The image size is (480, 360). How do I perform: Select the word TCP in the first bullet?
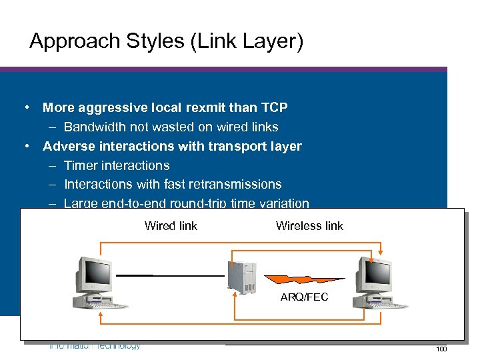(x=275, y=107)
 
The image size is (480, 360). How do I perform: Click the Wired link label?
(x=171, y=226)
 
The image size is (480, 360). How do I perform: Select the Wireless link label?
(x=309, y=226)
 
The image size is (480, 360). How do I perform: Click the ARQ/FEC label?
(x=304, y=297)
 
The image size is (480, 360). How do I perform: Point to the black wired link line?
(x=170, y=275)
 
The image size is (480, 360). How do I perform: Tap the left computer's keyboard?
(x=107, y=305)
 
